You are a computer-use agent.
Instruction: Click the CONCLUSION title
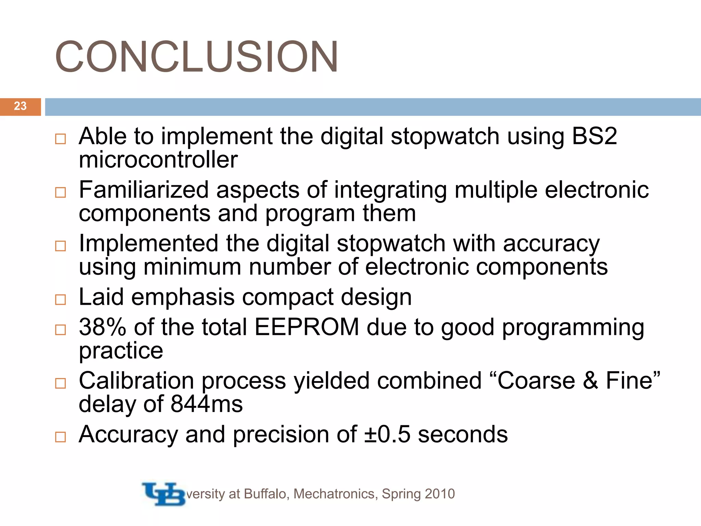coord(196,57)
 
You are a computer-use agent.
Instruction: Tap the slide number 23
coord(20,106)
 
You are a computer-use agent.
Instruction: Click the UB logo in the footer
coord(164,493)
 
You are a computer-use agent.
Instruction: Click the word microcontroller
coord(158,160)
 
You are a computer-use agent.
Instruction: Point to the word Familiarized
coord(144,190)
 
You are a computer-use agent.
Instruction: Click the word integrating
coord(390,190)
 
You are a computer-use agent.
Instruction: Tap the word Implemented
coord(148,243)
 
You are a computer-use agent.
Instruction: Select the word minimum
coord(192,267)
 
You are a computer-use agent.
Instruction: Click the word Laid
coord(101,297)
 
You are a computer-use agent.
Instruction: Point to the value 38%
coord(102,327)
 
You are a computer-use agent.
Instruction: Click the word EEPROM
coord(307,327)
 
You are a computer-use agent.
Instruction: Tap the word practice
coord(121,351)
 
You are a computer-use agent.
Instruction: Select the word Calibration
coord(136,380)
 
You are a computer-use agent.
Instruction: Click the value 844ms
coord(206,404)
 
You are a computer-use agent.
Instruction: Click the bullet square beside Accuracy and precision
coord(61,437)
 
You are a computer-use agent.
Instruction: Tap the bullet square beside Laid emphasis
coord(61,300)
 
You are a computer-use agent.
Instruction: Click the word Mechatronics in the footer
coord(335,494)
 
